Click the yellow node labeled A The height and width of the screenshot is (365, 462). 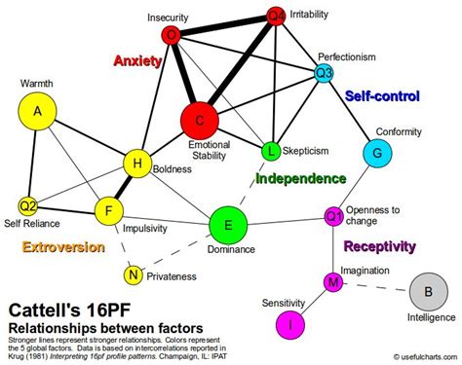[x=38, y=112]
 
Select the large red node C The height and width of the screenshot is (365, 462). [x=199, y=120]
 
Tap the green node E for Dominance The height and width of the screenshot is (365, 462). [x=228, y=226]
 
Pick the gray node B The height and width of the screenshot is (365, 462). [x=424, y=290]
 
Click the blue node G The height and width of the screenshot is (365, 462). [x=376, y=153]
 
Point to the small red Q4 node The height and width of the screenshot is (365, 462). [x=276, y=16]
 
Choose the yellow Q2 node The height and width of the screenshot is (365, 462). [x=28, y=205]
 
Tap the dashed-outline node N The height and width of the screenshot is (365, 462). [x=132, y=275]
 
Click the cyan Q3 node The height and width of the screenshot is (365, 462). [x=325, y=72]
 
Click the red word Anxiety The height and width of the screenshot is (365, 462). [x=136, y=59]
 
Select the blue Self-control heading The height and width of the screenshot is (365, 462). [x=382, y=96]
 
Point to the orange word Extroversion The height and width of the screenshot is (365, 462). [x=63, y=247]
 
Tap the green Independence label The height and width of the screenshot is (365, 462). [x=300, y=179]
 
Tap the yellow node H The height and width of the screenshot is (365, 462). [x=139, y=164]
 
